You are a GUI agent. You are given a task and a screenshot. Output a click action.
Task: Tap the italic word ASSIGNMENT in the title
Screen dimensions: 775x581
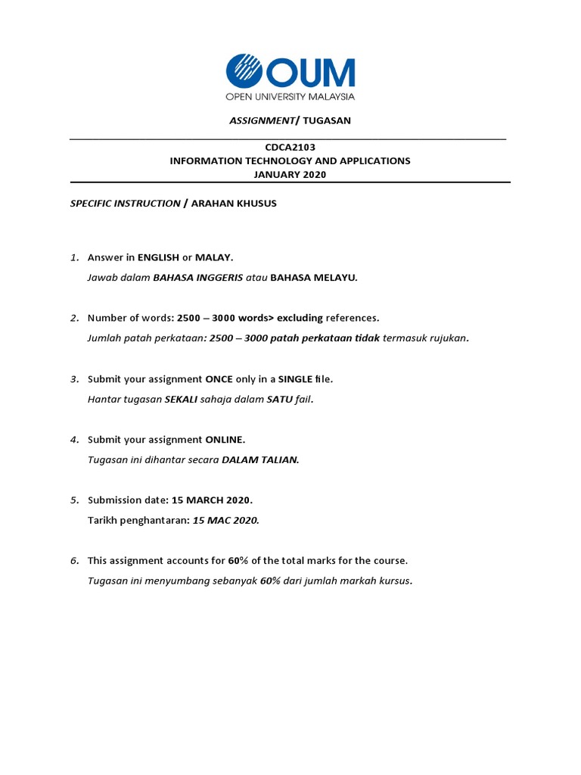261,120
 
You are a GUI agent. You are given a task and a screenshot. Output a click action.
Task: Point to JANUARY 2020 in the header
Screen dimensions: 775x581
290,174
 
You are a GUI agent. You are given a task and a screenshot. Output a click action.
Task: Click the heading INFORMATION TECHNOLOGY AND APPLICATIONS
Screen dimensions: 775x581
290,160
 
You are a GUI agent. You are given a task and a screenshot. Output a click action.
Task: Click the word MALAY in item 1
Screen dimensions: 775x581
214,257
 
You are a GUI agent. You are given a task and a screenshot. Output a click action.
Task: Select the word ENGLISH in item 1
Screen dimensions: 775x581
158,257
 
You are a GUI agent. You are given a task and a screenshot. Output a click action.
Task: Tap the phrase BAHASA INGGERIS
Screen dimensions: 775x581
197,277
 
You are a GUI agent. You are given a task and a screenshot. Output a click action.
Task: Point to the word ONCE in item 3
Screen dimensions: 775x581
219,378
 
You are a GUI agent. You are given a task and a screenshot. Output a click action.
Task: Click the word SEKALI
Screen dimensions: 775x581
181,399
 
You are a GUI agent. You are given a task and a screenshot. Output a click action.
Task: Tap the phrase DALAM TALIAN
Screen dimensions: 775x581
260,459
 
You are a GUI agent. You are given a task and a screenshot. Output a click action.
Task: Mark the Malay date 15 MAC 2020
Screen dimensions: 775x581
225,520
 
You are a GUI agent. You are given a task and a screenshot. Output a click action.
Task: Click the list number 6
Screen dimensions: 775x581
75,561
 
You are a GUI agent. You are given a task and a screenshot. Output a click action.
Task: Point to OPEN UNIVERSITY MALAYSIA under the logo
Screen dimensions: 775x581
290,96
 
